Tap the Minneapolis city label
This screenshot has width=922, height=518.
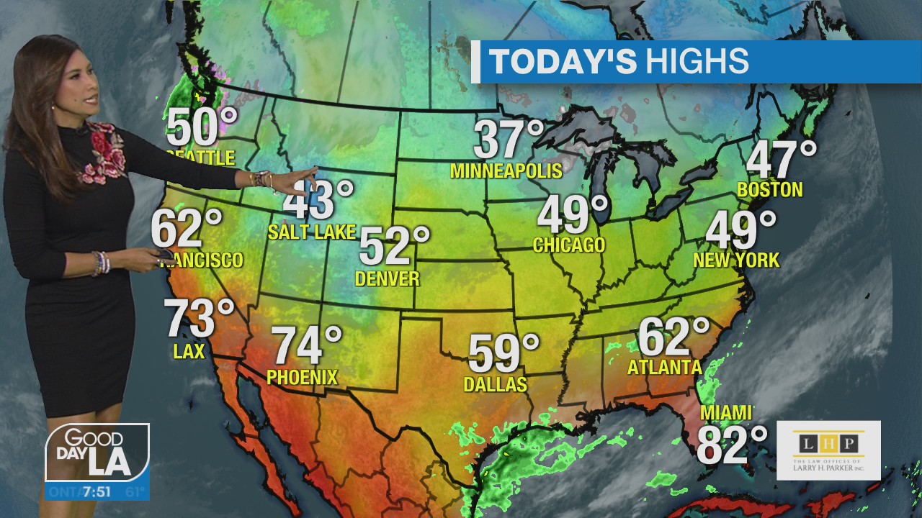pyautogui.click(x=506, y=171)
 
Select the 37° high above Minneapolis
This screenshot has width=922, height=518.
pyautogui.click(x=509, y=139)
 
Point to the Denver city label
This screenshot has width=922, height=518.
pyautogui.click(x=388, y=278)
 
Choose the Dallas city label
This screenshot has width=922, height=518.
pyautogui.click(x=495, y=385)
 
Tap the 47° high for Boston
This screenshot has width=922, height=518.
pyautogui.click(x=782, y=160)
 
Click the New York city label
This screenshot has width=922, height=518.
pyautogui.click(x=736, y=260)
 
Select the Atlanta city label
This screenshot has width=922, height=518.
pyautogui.click(x=664, y=367)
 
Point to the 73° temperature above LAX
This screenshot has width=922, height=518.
pyautogui.click(x=199, y=318)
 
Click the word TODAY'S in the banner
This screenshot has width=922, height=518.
pyautogui.click(x=563, y=62)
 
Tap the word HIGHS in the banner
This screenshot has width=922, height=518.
pyautogui.click(x=697, y=62)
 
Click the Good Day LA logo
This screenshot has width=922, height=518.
pyautogui.click(x=97, y=453)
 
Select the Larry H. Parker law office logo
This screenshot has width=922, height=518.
pyautogui.click(x=828, y=450)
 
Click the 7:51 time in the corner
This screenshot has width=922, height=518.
pyautogui.click(x=97, y=493)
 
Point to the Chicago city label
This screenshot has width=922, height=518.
pyautogui.click(x=568, y=245)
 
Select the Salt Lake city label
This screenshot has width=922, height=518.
pyautogui.click(x=311, y=232)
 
